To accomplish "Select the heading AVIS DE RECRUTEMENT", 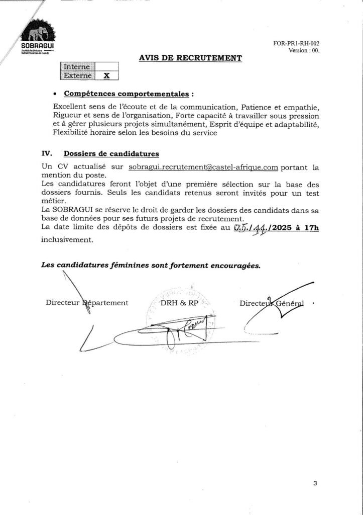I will coord(190,58).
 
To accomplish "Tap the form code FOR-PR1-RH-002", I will coord(296,44).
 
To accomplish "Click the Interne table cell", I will coord(77,66).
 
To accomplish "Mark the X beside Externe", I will coord(106,75).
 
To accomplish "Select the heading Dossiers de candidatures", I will coord(111,153).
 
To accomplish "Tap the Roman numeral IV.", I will coord(47,153).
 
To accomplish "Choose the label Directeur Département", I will coord(87,303).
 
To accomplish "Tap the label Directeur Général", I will coord(272,303).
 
